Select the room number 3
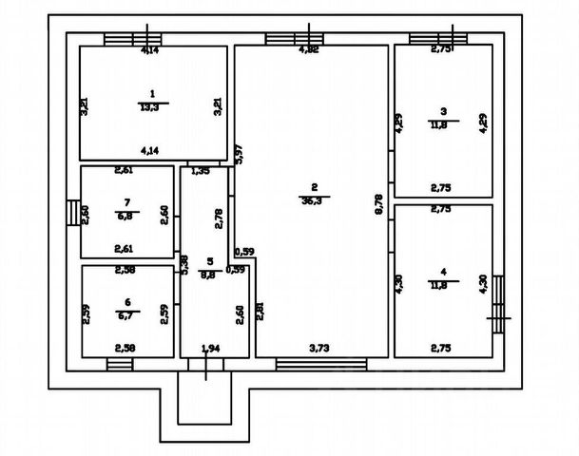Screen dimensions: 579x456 point(443,109)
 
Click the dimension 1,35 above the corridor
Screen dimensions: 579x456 point(201,172)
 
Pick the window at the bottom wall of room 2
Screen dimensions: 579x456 point(321,363)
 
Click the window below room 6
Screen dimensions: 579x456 point(120,363)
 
